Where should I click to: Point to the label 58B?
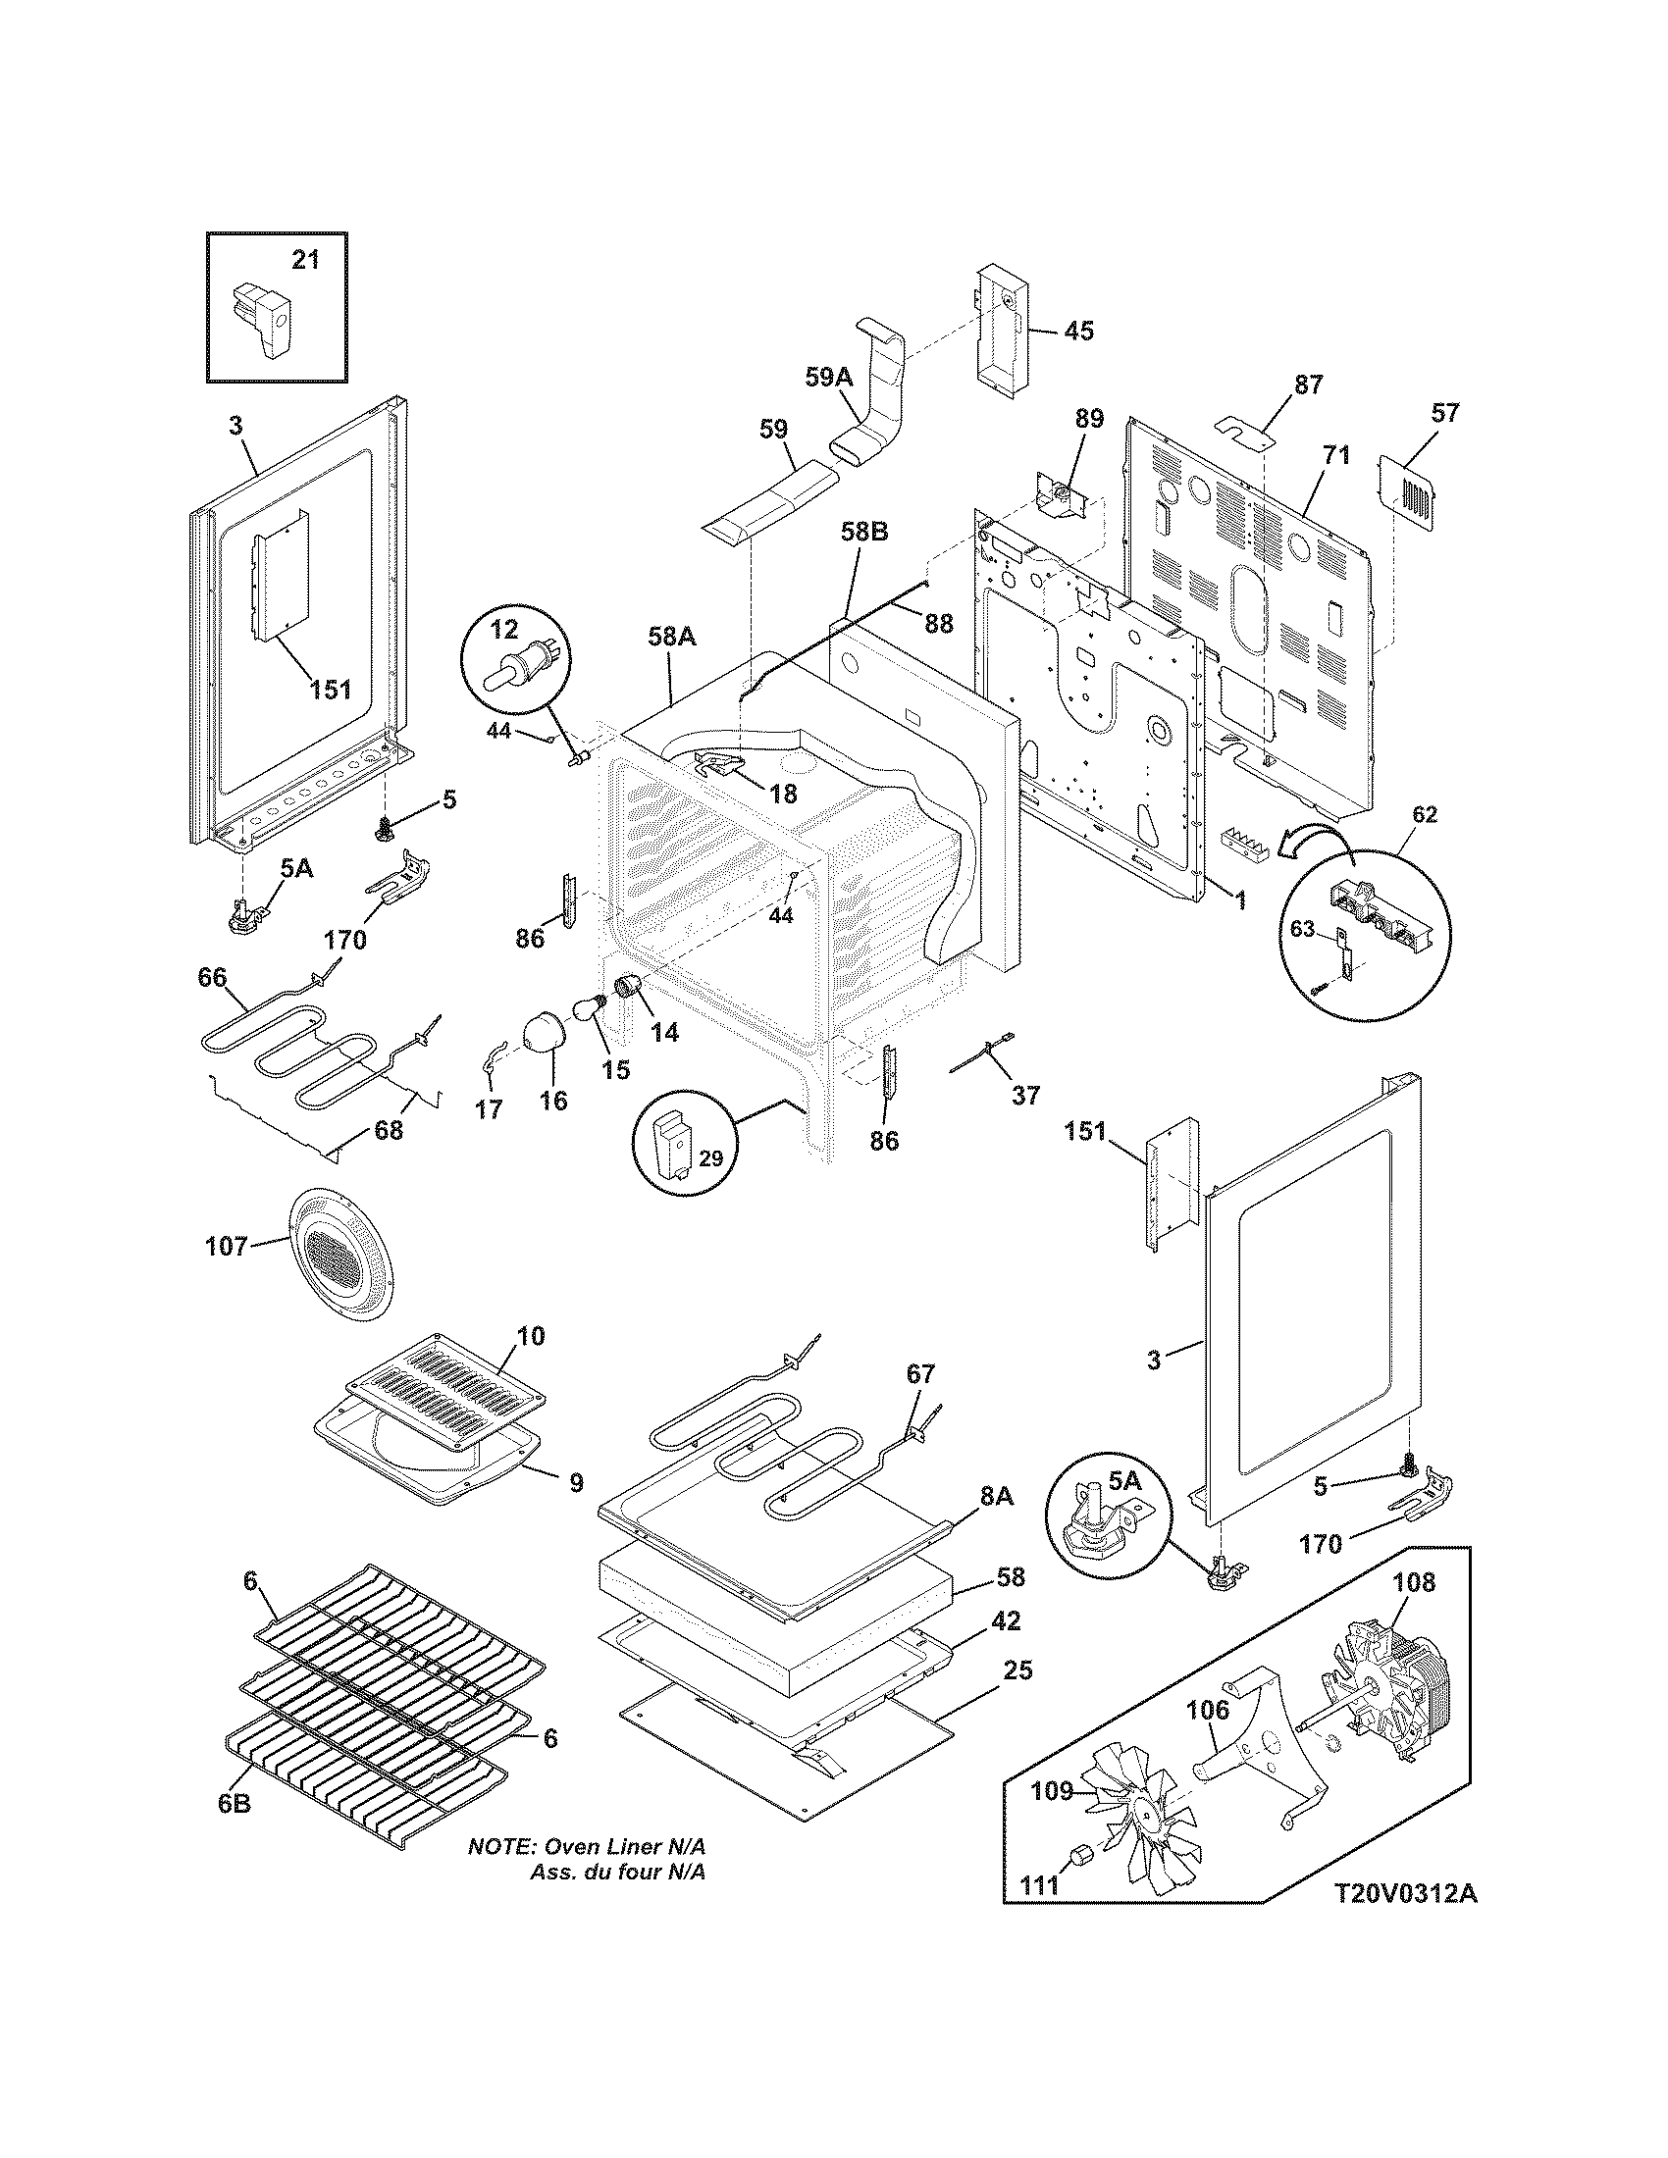point(863,533)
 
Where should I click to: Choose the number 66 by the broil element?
point(213,977)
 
